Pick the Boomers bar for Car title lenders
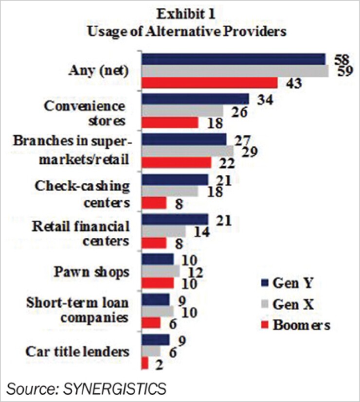pos(145,363)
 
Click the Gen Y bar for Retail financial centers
pos(175,220)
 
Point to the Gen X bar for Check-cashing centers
pos(170,192)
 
